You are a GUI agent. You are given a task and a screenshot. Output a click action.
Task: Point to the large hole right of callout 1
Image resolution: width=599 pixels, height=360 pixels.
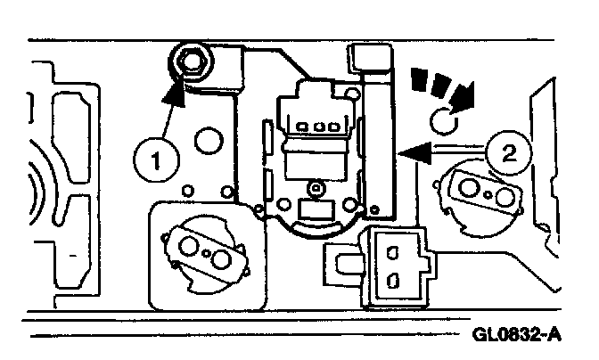click(209, 139)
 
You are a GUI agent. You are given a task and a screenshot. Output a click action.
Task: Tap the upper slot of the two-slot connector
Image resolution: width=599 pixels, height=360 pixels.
click(392, 252)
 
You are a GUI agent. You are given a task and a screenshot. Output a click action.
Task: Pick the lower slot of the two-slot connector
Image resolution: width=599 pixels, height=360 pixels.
click(392, 280)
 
